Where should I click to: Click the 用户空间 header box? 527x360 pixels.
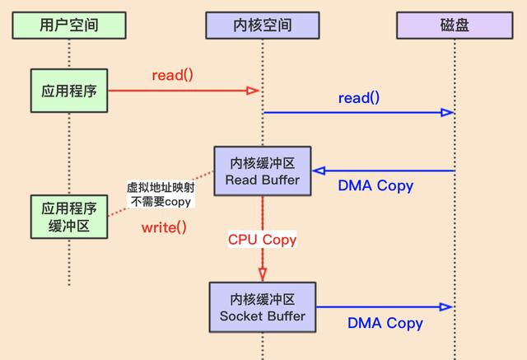[69, 26]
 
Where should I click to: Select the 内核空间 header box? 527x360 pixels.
[261, 26]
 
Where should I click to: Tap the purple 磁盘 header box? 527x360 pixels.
[454, 26]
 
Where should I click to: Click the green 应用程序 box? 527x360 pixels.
[69, 91]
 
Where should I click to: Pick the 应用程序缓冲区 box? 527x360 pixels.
[69, 216]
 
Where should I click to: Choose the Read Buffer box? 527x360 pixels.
[263, 171]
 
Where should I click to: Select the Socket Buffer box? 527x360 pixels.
[263, 306]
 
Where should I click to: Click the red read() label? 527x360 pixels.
[172, 75]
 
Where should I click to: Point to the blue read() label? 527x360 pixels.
[358, 98]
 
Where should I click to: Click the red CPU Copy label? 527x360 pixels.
[263, 241]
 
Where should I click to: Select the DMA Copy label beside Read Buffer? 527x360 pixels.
[375, 185]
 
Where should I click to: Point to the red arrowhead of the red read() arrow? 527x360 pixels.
[254, 91]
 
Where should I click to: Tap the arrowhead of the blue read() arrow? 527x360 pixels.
[448, 113]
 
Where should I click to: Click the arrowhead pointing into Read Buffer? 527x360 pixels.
[319, 171]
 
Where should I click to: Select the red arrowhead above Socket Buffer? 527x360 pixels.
[263, 274]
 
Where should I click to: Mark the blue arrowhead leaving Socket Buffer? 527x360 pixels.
[447, 306]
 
